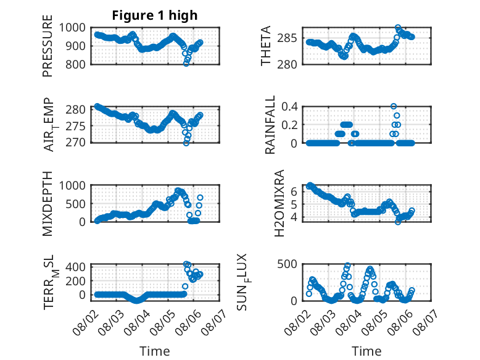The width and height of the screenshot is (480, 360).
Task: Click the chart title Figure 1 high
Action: (x=155, y=15)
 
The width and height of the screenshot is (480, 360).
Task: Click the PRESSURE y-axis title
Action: (x=48, y=46)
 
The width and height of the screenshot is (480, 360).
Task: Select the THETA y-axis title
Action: (x=266, y=46)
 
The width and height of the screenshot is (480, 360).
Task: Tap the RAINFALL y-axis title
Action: (x=270, y=125)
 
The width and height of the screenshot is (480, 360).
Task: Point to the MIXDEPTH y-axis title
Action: (x=48, y=204)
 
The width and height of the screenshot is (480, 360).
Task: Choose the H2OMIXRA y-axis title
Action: (x=279, y=203)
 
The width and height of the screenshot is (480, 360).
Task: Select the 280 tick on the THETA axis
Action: (x=287, y=64)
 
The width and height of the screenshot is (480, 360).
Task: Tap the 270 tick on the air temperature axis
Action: (x=75, y=143)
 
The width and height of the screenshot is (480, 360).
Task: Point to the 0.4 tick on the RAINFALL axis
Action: (x=289, y=107)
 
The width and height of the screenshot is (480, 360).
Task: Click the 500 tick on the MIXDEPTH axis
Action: (x=75, y=204)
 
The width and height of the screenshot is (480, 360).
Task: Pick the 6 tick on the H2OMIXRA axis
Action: (x=294, y=191)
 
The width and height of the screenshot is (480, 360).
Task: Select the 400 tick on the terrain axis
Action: (x=75, y=267)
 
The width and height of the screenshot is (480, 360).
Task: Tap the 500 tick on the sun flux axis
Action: (x=287, y=264)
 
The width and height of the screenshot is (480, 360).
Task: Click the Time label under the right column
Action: (x=366, y=351)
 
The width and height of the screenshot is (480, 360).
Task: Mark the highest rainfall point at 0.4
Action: (x=394, y=106)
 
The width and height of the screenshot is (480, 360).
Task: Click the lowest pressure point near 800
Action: (x=186, y=64)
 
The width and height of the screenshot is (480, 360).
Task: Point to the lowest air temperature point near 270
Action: (x=186, y=143)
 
